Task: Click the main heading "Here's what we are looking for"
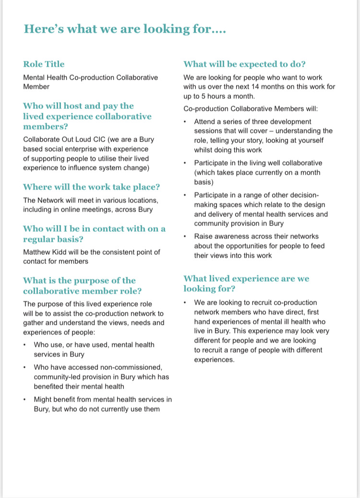tap(125, 29)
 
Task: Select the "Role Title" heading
tap(44, 64)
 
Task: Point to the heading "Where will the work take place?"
tap(91, 187)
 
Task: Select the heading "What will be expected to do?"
tap(245, 64)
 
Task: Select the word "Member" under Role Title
tap(36, 87)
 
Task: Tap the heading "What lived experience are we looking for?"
tap(246, 284)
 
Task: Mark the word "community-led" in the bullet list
tap(56, 377)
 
